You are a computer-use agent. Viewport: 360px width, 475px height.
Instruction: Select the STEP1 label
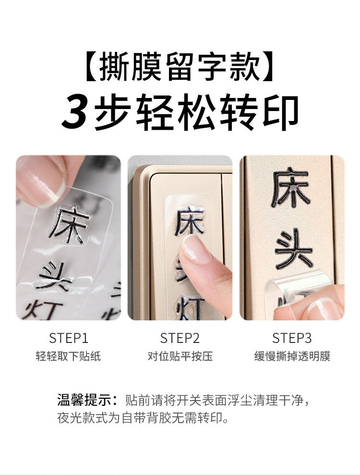(x=69, y=338)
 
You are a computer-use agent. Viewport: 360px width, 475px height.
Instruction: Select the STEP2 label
(x=180, y=338)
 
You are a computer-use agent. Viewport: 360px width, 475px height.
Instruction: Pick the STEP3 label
(x=292, y=338)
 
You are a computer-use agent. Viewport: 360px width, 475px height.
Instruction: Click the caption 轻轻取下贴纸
(x=69, y=356)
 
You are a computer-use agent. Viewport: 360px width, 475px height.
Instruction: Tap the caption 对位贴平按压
(x=180, y=356)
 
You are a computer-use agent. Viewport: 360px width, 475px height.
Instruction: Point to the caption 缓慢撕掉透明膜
(x=292, y=356)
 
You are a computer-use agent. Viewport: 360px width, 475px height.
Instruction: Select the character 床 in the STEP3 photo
(x=291, y=187)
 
